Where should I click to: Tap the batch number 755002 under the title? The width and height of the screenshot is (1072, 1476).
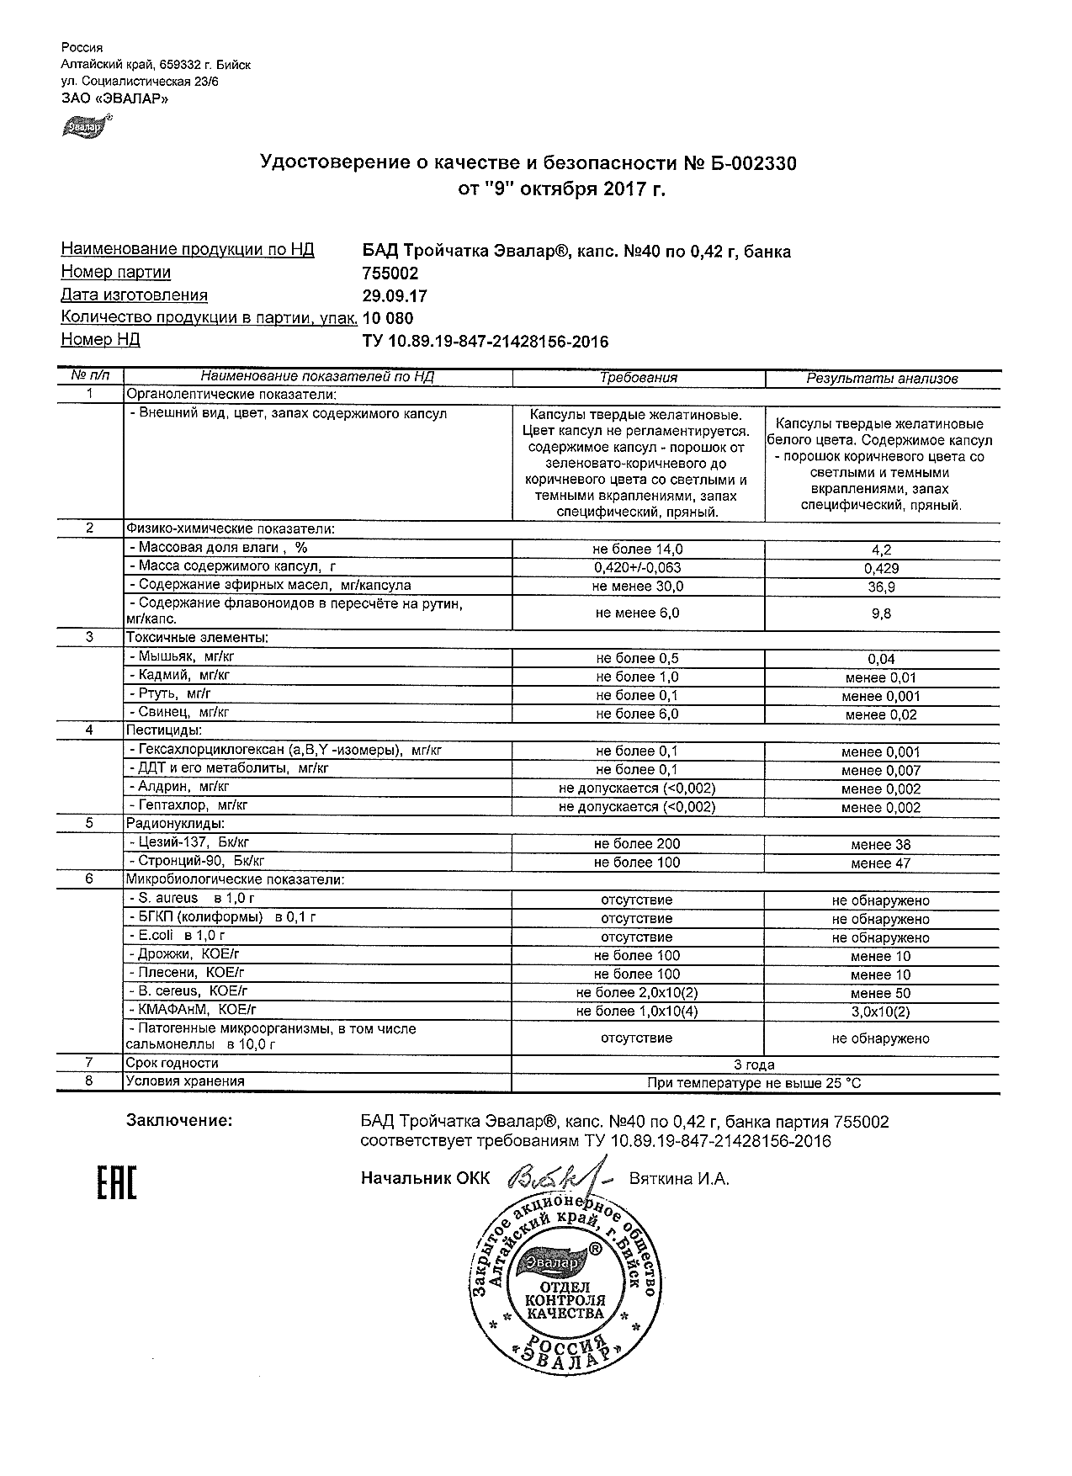point(390,273)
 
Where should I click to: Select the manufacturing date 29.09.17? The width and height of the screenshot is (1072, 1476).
point(394,296)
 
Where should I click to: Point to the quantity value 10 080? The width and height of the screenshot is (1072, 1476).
point(388,318)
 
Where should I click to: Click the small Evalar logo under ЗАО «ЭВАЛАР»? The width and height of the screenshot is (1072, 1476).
point(84,127)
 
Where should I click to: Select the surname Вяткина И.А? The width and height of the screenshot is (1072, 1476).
point(679,1179)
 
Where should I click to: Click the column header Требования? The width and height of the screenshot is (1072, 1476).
point(639,378)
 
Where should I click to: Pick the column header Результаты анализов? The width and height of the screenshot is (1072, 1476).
point(882,379)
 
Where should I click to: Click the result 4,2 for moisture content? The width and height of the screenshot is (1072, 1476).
point(882,550)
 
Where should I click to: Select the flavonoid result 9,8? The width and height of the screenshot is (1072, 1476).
point(882,614)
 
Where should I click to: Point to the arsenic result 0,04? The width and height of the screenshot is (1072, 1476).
point(882,660)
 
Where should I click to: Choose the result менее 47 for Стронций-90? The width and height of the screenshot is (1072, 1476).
point(881,863)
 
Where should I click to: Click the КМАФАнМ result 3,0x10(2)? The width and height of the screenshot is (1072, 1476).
point(881,1012)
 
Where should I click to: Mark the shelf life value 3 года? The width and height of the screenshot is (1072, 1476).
point(755,1065)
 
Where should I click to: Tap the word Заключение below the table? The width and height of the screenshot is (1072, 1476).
point(178,1121)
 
